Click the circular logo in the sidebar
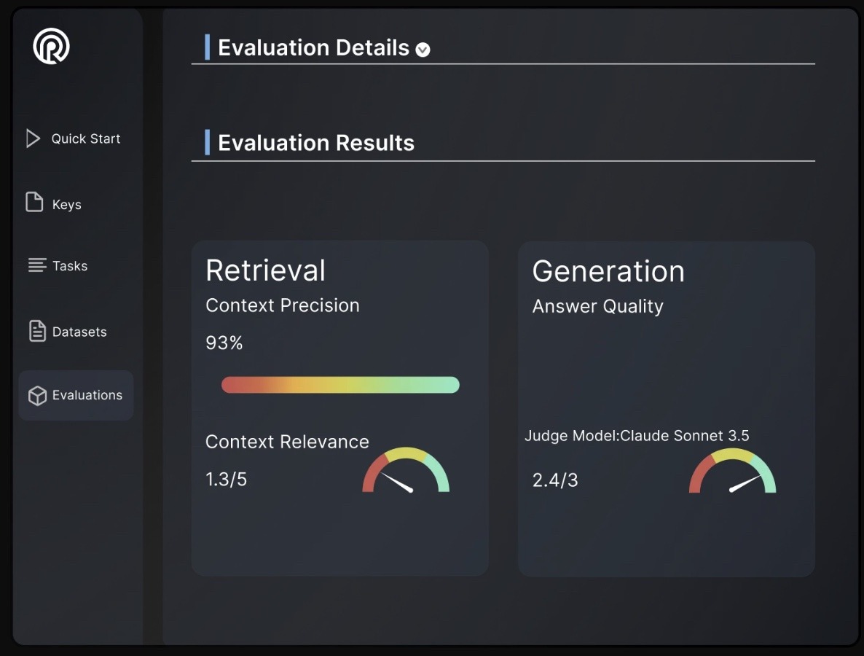(x=51, y=46)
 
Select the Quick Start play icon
(x=33, y=138)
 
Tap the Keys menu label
(x=67, y=205)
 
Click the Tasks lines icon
(x=36, y=265)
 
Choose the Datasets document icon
(x=36, y=332)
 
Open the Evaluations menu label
(x=87, y=395)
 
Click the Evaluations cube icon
(x=36, y=395)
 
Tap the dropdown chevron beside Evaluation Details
(x=423, y=50)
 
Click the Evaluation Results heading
(x=316, y=143)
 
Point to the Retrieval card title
(x=265, y=270)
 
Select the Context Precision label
(x=283, y=305)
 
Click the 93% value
(x=224, y=343)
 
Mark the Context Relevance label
(x=287, y=442)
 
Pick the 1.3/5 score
(x=226, y=480)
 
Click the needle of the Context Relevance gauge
(x=397, y=483)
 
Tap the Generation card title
(x=608, y=271)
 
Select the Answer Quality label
(x=597, y=306)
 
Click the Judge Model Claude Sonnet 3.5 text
(x=637, y=436)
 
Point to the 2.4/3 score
(x=555, y=480)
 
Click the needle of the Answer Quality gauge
(x=746, y=483)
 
